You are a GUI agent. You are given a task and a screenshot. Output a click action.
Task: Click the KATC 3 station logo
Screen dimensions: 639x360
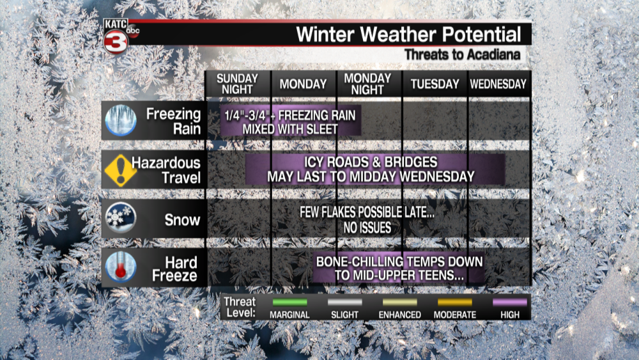pos(119,36)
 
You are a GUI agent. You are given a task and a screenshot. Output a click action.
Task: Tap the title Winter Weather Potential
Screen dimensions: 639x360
pos(408,35)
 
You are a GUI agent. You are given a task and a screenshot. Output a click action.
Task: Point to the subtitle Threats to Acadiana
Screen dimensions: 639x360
pos(462,54)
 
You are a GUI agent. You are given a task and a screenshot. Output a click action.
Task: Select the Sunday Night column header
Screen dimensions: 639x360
pos(237,84)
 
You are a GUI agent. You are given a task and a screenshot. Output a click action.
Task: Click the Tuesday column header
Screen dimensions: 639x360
pos(435,84)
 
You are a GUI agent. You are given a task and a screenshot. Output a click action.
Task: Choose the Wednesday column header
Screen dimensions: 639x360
pos(498,84)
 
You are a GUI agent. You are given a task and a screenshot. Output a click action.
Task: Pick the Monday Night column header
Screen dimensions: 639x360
pos(367,84)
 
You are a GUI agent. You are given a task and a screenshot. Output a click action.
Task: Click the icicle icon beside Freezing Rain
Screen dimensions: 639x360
pos(121,120)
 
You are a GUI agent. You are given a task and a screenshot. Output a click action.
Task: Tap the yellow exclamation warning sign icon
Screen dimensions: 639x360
pos(120,171)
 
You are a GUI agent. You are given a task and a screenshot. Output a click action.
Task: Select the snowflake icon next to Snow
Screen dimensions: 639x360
pos(121,218)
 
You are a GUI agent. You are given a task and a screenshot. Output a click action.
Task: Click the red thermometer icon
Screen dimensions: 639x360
pos(121,267)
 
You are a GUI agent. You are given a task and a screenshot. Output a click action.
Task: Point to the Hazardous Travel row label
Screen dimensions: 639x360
pos(166,171)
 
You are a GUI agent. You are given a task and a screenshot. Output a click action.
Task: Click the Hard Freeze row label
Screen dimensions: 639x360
pos(175,269)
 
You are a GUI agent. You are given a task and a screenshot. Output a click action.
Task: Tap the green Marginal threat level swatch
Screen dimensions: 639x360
pos(289,302)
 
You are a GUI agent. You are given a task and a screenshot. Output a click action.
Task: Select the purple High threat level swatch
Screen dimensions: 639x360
pos(510,302)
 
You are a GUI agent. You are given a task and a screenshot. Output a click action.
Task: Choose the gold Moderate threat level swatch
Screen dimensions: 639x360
pos(455,302)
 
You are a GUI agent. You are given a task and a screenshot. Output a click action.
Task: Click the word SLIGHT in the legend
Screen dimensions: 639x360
pos(345,315)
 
